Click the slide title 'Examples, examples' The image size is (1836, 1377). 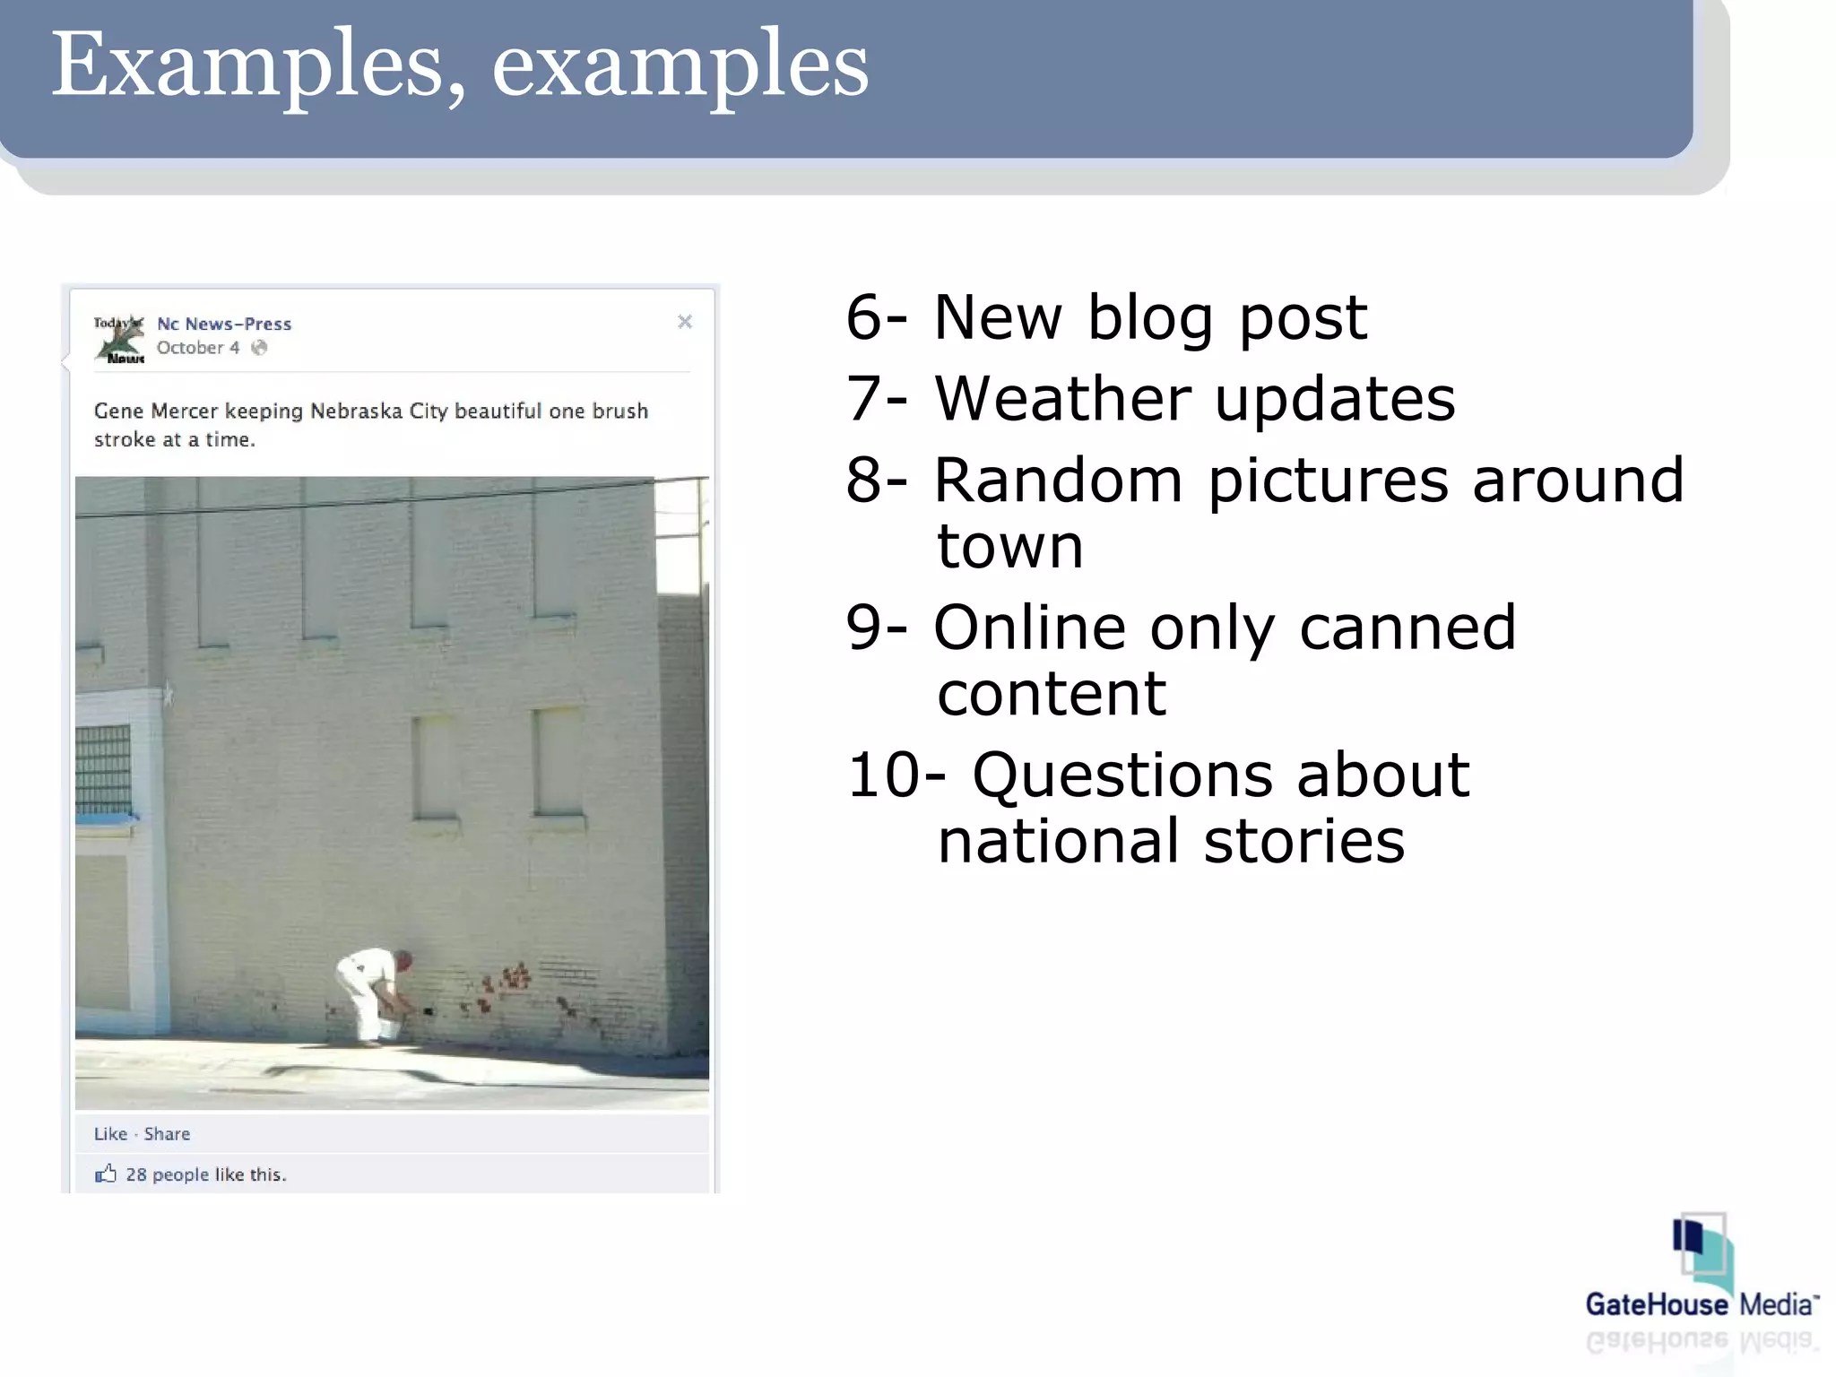(x=459, y=65)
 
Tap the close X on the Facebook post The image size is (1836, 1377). (x=685, y=322)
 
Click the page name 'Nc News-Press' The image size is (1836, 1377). (x=224, y=324)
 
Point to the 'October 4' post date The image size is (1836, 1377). (x=198, y=348)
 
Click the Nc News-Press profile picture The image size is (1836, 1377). (x=119, y=339)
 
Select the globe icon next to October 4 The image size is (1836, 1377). (x=259, y=348)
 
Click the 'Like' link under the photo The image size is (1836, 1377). (x=110, y=1134)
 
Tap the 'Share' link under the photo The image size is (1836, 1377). (x=167, y=1134)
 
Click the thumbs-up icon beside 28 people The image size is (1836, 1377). (x=106, y=1173)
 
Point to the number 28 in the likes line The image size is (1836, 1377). (x=136, y=1174)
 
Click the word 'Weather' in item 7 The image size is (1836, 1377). (x=1061, y=398)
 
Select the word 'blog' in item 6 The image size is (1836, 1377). (x=1150, y=317)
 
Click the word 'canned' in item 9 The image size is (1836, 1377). (x=1407, y=627)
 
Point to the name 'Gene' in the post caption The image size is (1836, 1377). (x=118, y=411)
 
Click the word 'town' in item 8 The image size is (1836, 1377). (x=1010, y=546)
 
